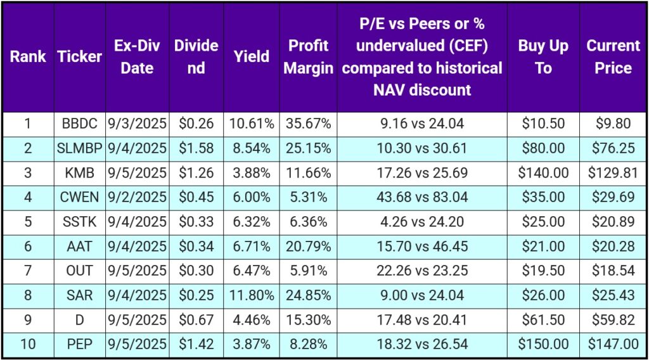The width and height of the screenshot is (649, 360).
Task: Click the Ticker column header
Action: tap(79, 56)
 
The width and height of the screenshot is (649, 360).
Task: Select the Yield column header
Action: tap(252, 56)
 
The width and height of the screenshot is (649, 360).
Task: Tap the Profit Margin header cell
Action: tap(308, 56)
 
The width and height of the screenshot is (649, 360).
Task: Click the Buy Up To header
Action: tap(543, 56)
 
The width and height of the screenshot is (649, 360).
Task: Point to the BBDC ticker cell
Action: tap(79, 124)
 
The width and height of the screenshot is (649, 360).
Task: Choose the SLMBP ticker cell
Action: tap(79, 148)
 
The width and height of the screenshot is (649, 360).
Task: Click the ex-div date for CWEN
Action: tap(137, 197)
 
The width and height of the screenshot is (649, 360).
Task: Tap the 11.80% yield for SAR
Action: tap(252, 295)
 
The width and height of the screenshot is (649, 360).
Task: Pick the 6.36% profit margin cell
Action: tap(308, 222)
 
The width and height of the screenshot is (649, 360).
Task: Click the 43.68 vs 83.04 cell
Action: tap(420, 197)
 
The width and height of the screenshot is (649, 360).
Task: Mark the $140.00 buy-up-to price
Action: tap(543, 172)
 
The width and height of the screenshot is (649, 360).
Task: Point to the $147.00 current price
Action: tap(613, 345)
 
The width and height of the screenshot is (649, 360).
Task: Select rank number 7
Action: tap(28, 271)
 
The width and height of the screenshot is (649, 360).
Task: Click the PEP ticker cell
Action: tap(79, 345)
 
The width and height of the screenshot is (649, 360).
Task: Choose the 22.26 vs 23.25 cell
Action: tap(420, 271)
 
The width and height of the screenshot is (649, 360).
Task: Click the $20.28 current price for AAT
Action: tap(613, 247)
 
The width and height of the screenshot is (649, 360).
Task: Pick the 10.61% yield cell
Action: tap(252, 124)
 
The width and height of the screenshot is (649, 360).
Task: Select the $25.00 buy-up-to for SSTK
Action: tap(543, 222)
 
